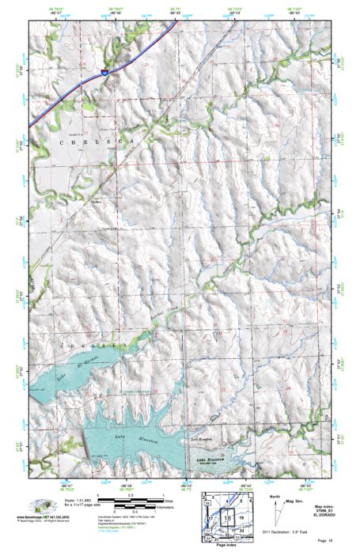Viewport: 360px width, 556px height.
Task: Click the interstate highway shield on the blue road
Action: click(105, 72)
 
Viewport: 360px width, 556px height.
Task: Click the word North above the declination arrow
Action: click(275, 497)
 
